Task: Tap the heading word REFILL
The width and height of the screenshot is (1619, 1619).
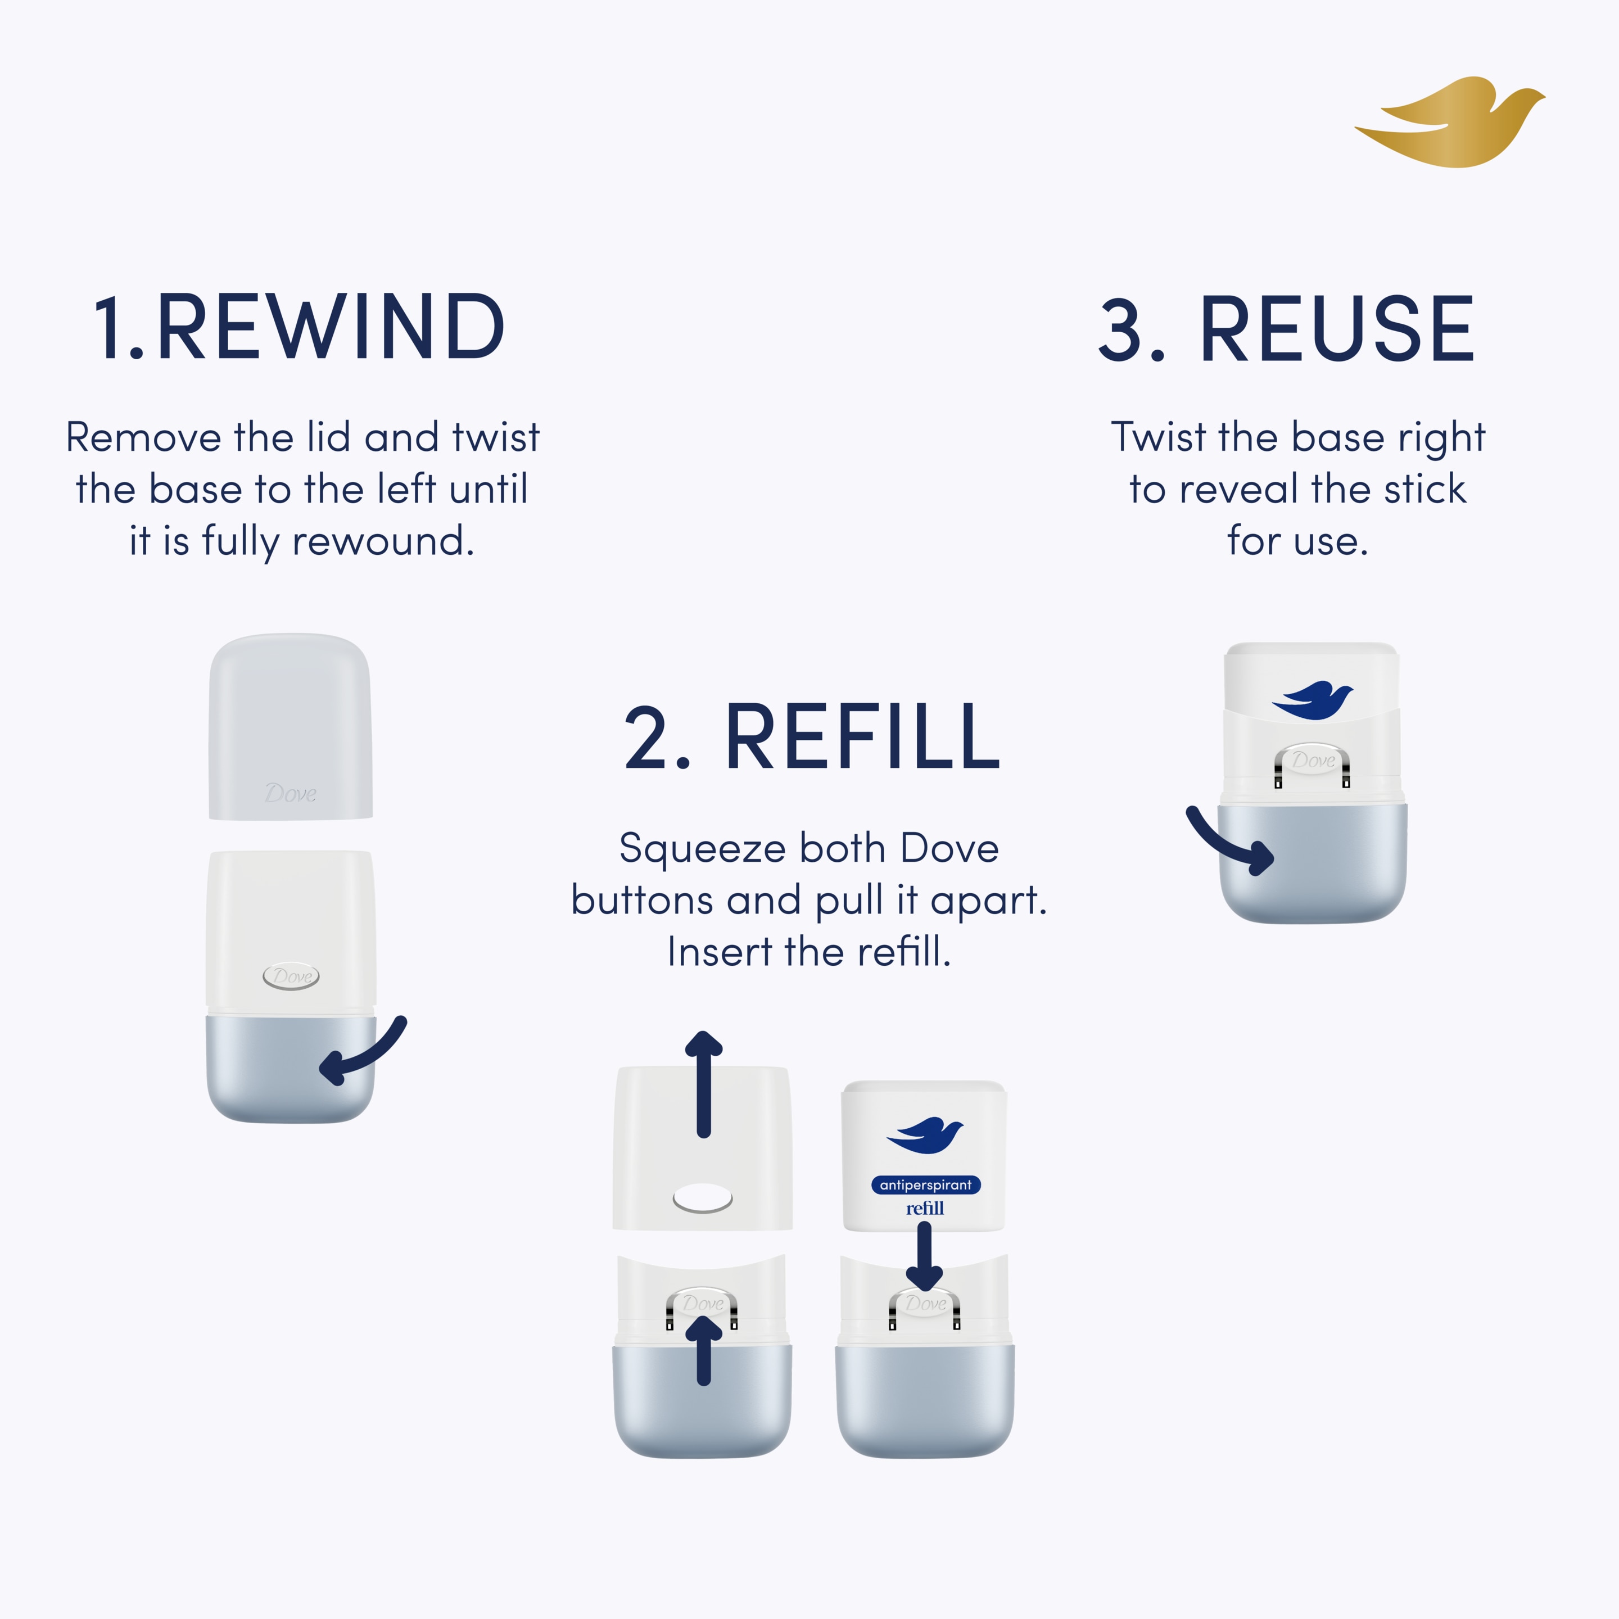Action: coord(862,738)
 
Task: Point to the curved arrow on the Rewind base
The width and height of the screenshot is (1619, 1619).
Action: coord(362,1052)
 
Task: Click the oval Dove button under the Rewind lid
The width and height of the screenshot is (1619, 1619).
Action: coord(291,976)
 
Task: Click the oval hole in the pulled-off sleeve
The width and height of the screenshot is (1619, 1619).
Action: coord(703,1199)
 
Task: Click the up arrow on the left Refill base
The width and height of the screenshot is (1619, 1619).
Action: coord(704,1349)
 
